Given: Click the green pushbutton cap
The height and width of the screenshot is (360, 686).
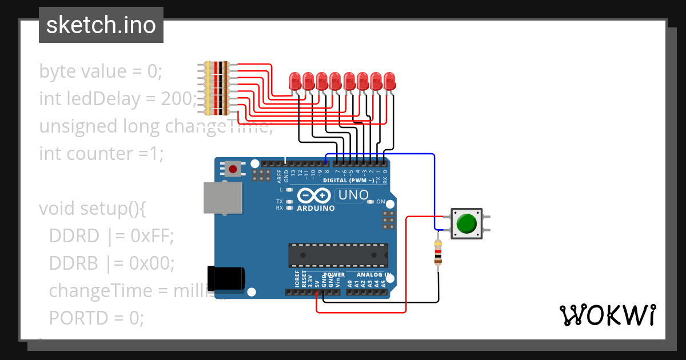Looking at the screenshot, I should click(467, 223).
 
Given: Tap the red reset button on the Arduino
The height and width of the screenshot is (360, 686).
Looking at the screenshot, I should click(233, 169).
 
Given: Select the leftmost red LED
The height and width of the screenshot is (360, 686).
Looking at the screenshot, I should click(295, 80).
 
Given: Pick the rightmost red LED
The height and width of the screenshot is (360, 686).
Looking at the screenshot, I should click(389, 80).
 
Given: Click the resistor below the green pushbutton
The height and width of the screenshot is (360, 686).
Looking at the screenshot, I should click(438, 253).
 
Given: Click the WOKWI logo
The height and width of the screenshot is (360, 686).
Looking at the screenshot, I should click(607, 315).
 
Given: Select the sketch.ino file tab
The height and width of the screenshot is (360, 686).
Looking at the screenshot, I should click(101, 25).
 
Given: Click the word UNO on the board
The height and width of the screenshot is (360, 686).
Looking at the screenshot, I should click(353, 195).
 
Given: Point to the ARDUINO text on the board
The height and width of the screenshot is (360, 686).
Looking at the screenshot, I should click(316, 208).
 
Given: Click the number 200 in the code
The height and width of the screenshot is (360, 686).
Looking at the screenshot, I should click(175, 99).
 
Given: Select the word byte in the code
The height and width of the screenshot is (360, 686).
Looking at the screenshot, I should click(57, 71).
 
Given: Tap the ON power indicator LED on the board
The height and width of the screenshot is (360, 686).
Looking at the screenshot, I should click(371, 202).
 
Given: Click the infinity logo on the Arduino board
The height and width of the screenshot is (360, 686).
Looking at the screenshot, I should click(314, 195).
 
